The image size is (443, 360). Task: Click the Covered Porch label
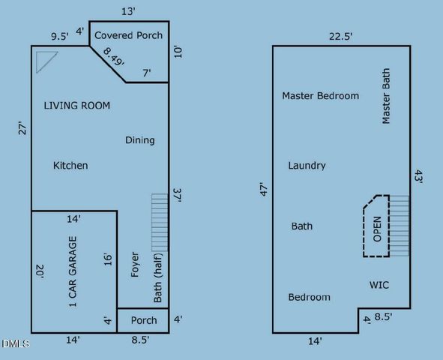[x=128, y=35]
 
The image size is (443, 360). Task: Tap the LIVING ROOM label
[x=76, y=106]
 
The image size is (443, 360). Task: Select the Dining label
[x=139, y=140]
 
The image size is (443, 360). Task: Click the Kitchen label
[x=70, y=166]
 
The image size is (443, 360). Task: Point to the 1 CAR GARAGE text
[x=73, y=272]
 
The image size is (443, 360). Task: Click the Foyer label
[x=135, y=265]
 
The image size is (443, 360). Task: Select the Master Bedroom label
[x=320, y=96]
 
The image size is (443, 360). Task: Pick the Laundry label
[x=307, y=166]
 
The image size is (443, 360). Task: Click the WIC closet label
[x=379, y=285]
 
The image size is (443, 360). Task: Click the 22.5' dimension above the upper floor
[x=341, y=35]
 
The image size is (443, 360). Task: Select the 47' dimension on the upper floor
[x=263, y=190]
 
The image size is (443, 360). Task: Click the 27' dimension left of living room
[x=22, y=129]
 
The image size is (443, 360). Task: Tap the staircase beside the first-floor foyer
[x=160, y=222]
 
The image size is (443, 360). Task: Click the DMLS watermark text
[x=16, y=344]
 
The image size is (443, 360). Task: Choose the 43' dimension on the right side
[x=420, y=177]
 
